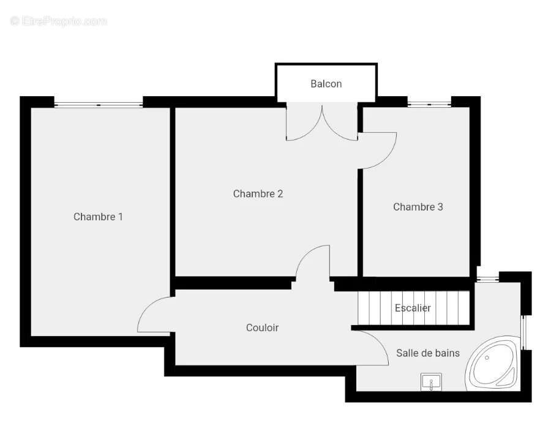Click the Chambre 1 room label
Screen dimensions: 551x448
point(98,217)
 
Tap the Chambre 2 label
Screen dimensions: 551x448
point(258,193)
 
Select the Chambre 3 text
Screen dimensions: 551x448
point(418,207)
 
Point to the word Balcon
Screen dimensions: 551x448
point(326,84)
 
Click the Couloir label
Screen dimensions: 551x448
point(262,327)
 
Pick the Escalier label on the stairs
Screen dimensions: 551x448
point(413,308)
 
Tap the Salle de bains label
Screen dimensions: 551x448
point(428,353)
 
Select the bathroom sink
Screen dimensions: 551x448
point(431,382)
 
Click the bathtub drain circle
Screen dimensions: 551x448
point(487,357)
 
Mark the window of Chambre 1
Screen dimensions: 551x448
point(99,105)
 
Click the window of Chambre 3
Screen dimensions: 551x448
point(429,104)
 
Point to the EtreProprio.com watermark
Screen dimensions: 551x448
point(58,21)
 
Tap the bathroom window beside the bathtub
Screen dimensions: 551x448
point(523,333)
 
